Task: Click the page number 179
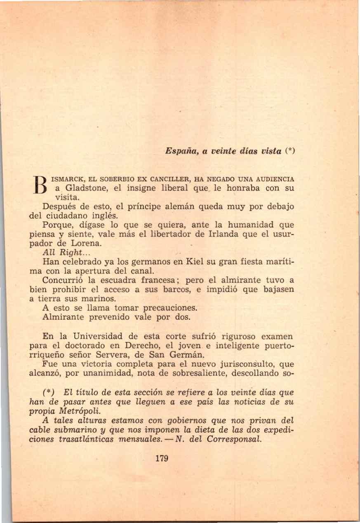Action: pyautogui.click(x=163, y=458)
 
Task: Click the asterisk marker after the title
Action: pyautogui.click(x=291, y=151)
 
